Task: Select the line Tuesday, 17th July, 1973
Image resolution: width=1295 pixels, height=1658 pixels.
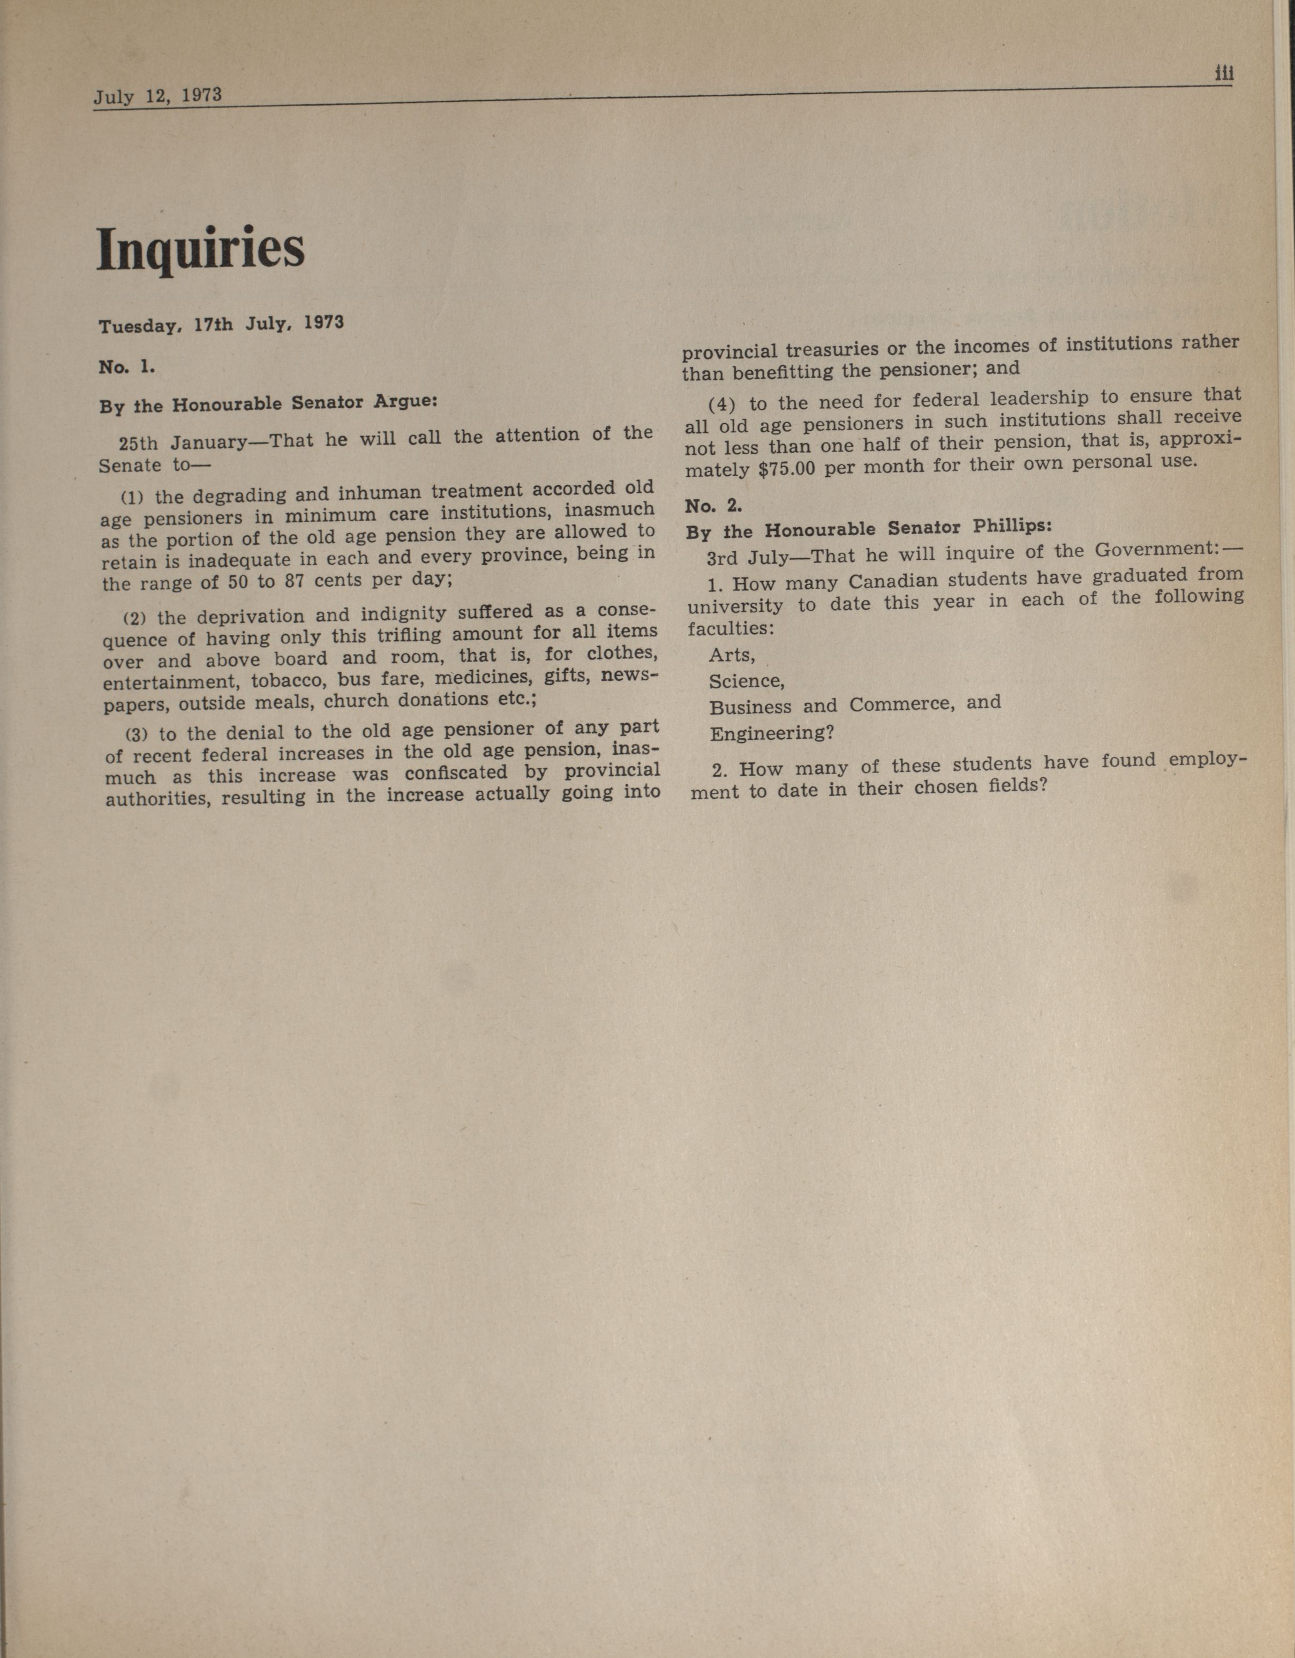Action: [221, 325]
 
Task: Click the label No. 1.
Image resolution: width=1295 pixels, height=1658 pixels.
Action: [127, 367]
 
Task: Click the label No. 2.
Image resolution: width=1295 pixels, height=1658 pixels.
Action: [713, 506]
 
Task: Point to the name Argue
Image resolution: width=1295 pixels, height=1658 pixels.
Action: [404, 400]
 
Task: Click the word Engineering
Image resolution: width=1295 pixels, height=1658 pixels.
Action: [771, 734]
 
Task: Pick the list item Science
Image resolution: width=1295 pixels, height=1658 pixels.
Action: [746, 681]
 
